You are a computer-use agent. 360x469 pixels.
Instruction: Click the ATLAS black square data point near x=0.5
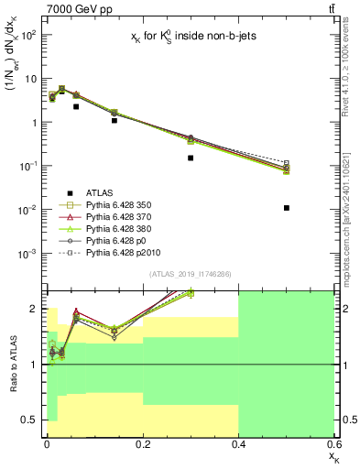pyautogui.click(x=287, y=208)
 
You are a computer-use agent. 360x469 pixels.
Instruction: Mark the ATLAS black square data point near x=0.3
pyautogui.click(x=191, y=158)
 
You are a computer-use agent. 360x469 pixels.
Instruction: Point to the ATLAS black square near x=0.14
pyautogui.click(x=114, y=120)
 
